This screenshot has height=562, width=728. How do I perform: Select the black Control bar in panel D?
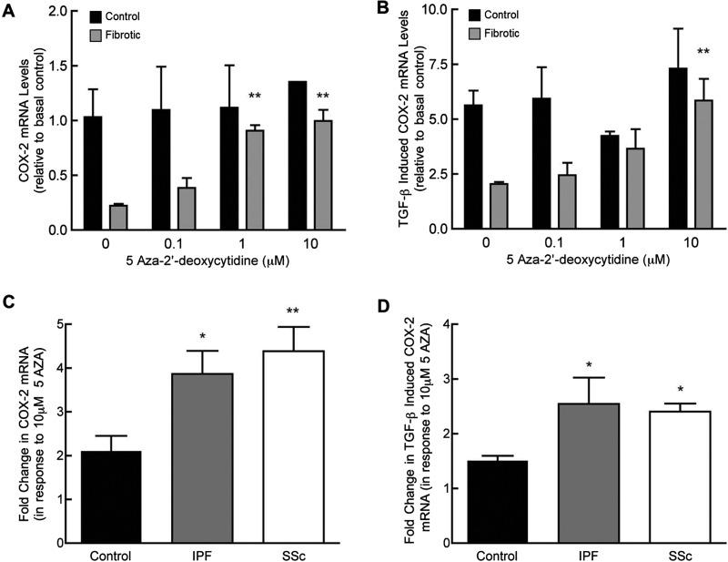[479, 501]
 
